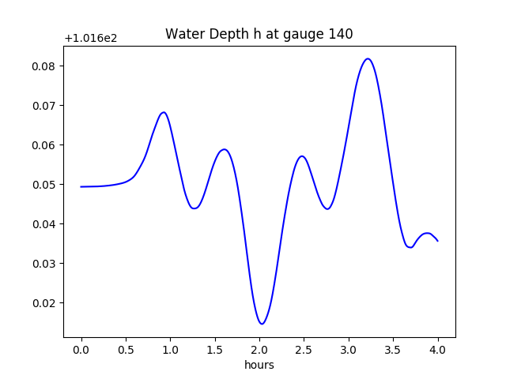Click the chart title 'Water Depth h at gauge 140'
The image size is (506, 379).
(x=259, y=34)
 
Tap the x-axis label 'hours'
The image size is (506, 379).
(x=259, y=365)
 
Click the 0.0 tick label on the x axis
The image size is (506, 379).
(x=81, y=350)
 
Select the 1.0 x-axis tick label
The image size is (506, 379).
(x=170, y=350)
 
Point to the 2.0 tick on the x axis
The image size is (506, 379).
(x=259, y=350)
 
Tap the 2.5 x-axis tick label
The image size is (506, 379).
(x=304, y=350)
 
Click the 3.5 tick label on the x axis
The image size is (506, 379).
(x=393, y=350)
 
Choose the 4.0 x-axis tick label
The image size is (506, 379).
(x=438, y=350)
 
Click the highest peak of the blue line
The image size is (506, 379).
(x=368, y=58)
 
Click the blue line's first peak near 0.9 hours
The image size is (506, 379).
(x=164, y=112)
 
